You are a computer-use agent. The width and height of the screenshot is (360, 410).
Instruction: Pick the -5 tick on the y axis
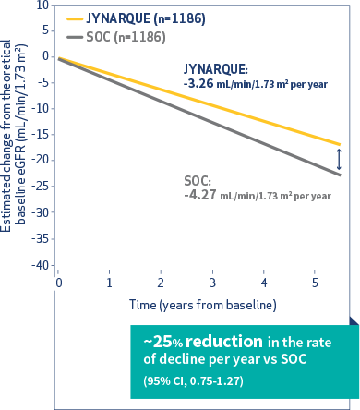(x=41, y=82)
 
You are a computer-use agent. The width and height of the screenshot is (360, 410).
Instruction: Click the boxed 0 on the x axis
(x=57, y=282)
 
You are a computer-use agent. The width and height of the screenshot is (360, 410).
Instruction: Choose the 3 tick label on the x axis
(x=213, y=282)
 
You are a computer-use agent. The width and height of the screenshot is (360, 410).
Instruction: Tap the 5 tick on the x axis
(x=316, y=282)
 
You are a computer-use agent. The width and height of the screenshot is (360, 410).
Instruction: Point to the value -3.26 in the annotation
(x=199, y=82)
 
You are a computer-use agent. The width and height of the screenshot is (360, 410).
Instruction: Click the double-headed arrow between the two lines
(x=340, y=160)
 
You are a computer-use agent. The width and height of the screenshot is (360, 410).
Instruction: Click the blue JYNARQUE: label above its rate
(x=216, y=67)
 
